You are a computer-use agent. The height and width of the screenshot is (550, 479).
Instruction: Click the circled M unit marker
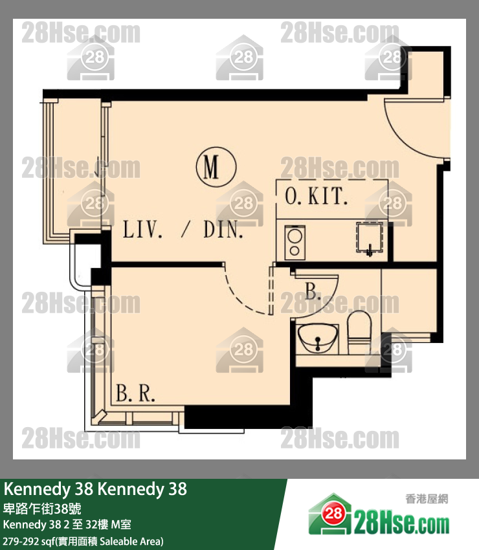pyautogui.click(x=216, y=167)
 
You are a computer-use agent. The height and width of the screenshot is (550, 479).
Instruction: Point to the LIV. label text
pyautogui.click(x=142, y=230)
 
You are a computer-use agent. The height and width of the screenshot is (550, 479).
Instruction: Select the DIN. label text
pyautogui.click(x=223, y=230)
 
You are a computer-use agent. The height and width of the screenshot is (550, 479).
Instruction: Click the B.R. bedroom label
pyautogui.click(x=135, y=393)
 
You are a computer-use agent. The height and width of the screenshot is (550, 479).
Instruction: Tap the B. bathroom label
pyautogui.click(x=313, y=291)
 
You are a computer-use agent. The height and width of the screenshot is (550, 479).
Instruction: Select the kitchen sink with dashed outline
pyautogui.click(x=370, y=237)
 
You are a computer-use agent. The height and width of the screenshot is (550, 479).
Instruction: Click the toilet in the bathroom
pyautogui.click(x=359, y=331)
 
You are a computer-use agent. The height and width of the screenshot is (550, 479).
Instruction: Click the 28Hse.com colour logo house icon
pyautogui.click(x=330, y=514)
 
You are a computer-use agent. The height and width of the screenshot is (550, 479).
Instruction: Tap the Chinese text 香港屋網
pyautogui.click(x=427, y=498)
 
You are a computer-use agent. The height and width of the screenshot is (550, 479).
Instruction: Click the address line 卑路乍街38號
pyautogui.click(x=42, y=508)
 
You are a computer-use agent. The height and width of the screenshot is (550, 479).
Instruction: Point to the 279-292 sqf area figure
pyautogui.click(x=26, y=541)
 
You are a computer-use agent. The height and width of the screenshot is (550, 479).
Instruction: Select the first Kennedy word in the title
pyautogui.click(x=38, y=489)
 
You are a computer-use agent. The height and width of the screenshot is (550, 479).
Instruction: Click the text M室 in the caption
pyautogui.click(x=121, y=525)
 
